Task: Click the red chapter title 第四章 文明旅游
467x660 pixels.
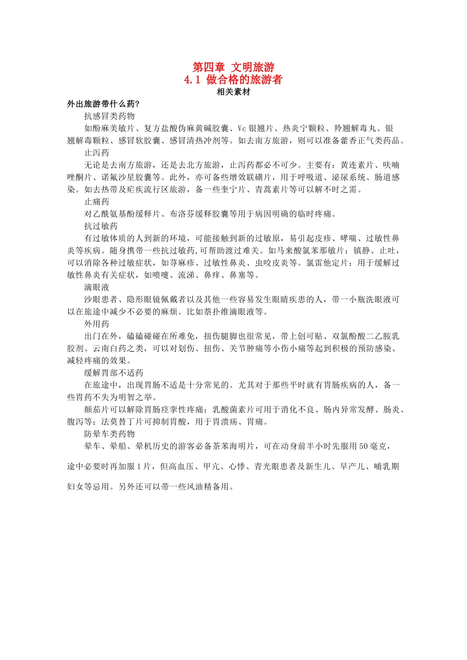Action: [233, 67]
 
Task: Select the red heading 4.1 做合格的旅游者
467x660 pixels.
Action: [233, 80]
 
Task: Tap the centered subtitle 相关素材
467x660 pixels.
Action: [233, 92]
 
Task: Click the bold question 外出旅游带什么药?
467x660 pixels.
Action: [104, 104]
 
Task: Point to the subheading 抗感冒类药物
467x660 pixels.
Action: [109, 116]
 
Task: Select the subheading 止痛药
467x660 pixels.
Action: [97, 202]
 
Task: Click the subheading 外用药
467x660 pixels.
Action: [97, 324]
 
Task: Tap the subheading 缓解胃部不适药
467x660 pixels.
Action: [114, 373]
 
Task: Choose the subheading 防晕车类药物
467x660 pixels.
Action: [109, 434]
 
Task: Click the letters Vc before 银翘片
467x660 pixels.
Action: [242, 129]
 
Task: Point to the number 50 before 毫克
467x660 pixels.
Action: [364, 446]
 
